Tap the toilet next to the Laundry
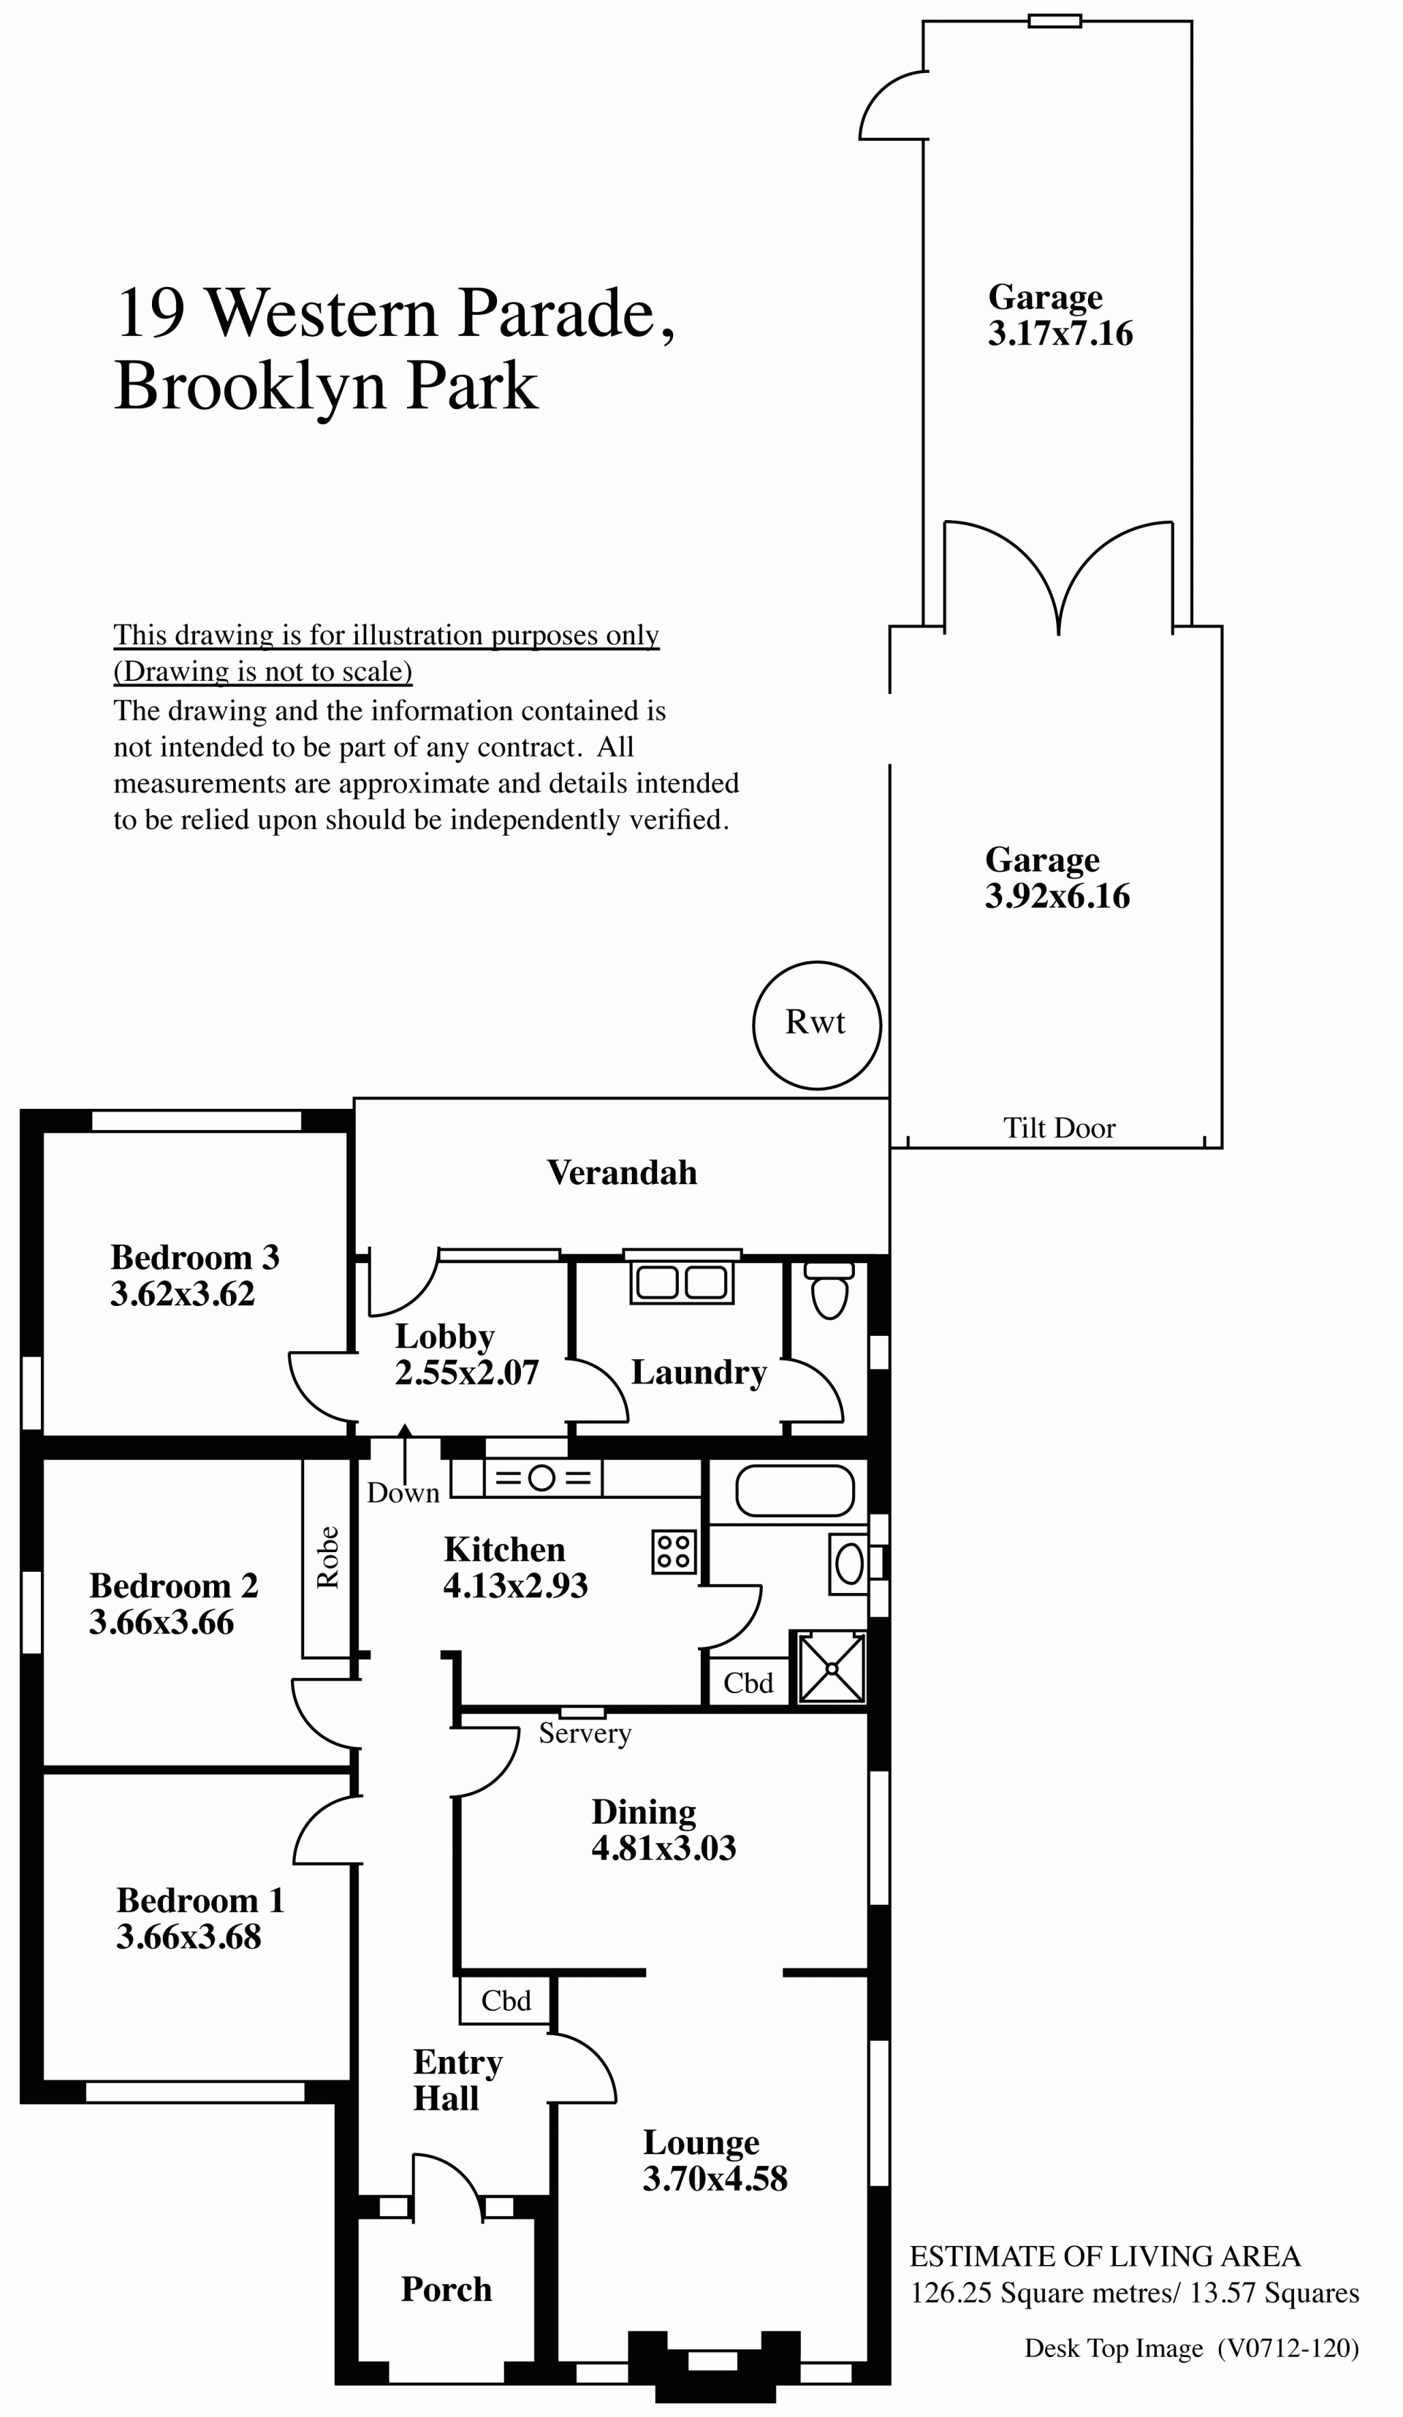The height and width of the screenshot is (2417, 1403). (829, 1290)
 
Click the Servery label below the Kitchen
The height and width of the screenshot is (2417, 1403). (585, 1733)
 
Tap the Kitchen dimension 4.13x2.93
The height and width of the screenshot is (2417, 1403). (515, 1586)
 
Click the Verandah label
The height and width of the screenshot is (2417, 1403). (622, 1172)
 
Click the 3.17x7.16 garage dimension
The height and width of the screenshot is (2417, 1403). (1060, 334)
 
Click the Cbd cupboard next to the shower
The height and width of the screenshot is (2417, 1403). (748, 1683)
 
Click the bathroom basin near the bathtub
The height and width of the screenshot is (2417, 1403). (848, 1565)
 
